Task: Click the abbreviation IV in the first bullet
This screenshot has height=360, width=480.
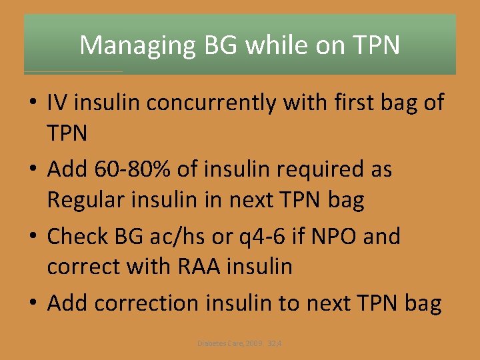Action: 57,103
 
